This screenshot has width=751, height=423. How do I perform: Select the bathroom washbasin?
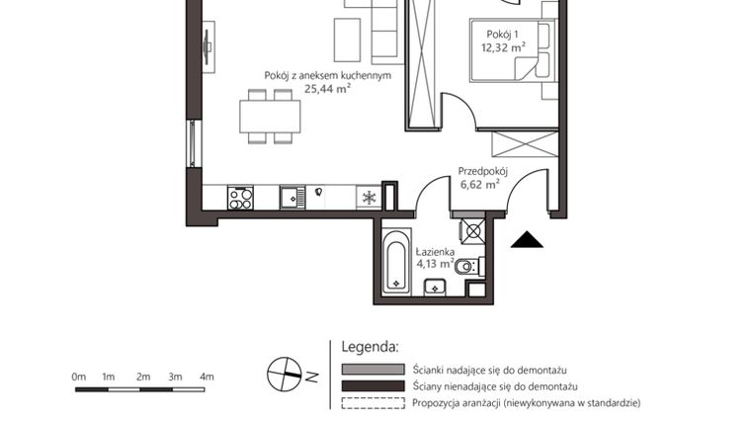point(436,288)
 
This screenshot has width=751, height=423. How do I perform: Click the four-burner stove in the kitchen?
point(241,198)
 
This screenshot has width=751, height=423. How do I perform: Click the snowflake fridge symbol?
point(368,198)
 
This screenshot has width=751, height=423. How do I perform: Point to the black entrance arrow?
point(527,239)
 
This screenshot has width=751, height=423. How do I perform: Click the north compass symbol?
point(285,374)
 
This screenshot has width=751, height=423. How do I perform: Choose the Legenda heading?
point(370,347)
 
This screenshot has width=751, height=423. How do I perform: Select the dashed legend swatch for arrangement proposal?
point(373,402)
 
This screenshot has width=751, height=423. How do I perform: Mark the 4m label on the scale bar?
point(207,377)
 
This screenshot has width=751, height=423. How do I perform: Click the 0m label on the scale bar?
point(79,377)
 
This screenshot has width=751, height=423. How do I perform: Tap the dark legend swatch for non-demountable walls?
point(373,385)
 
